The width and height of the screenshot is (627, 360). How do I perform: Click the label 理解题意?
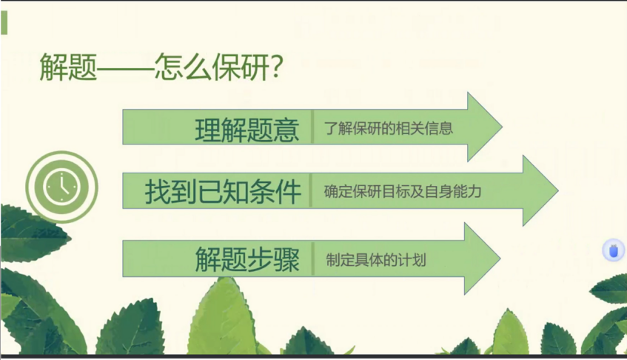(247, 129)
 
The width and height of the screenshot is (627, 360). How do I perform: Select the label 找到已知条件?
(223, 192)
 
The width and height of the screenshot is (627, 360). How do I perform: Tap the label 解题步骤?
(247, 260)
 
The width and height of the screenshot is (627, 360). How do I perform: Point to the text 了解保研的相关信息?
(389, 128)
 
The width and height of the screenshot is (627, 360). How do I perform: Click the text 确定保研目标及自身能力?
(403, 192)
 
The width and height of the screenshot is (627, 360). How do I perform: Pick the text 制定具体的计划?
(376, 261)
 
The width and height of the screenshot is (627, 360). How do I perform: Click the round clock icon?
(61, 187)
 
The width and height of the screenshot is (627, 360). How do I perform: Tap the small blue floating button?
(613, 251)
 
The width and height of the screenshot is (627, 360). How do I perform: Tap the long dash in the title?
(126, 70)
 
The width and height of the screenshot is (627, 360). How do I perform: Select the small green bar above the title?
(4, 22)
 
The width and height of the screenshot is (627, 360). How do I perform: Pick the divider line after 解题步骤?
(313, 259)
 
